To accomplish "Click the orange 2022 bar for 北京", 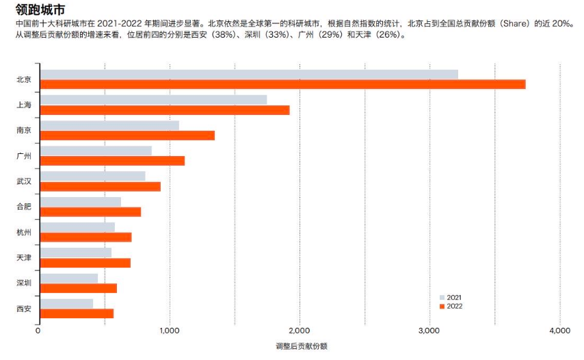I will click(282, 84).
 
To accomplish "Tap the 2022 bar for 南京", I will click(127, 136).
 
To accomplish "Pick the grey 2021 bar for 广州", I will click(96, 151).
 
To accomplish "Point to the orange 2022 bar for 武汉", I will click(100, 186).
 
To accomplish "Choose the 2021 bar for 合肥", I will click(81, 201).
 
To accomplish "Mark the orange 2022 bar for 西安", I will click(77, 313).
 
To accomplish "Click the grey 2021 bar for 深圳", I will click(68, 278).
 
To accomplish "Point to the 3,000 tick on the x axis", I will click(429, 331).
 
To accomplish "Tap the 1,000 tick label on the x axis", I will click(169, 331).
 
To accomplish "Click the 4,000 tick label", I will click(559, 331).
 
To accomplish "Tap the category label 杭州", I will click(24, 232).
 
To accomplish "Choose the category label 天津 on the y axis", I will click(24, 257).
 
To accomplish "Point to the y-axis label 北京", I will click(24, 79).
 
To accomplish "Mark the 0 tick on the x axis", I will click(38, 331).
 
